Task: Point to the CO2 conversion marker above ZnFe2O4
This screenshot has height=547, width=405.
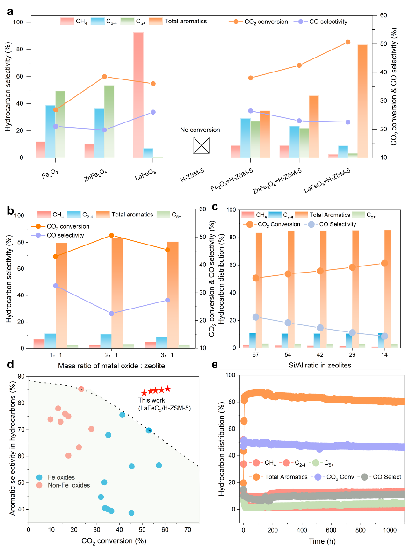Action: (104, 77)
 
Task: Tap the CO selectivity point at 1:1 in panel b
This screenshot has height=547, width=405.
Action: (56, 286)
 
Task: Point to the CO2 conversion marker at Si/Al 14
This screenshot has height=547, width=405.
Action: (384, 263)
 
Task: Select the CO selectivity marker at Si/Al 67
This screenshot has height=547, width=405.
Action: (256, 317)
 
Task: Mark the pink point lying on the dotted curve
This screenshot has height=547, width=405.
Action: (81, 389)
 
